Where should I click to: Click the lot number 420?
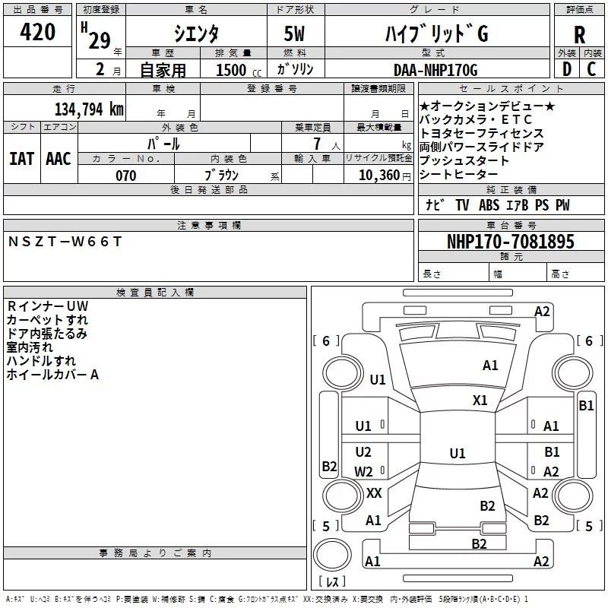(x=37, y=31)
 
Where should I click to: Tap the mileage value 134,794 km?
(x=89, y=109)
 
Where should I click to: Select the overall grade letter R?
(x=579, y=35)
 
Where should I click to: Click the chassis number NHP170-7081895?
(x=510, y=242)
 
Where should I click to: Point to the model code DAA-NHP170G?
(x=435, y=70)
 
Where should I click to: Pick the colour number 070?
(x=126, y=176)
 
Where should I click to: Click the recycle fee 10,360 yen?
(x=385, y=176)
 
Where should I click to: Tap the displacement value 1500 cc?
(x=239, y=70)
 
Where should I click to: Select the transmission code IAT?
(x=22, y=159)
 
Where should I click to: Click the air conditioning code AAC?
(x=59, y=159)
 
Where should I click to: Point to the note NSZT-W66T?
(x=65, y=242)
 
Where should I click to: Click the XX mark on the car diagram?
(x=374, y=492)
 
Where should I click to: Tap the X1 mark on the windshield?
(x=480, y=400)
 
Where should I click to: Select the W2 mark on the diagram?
(x=363, y=471)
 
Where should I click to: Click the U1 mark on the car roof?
(x=458, y=453)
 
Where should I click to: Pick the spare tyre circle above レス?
(x=332, y=555)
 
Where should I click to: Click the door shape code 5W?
(x=294, y=33)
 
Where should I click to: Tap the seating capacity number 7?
(x=317, y=144)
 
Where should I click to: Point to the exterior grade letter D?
(x=567, y=69)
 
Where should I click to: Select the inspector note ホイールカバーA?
(x=52, y=375)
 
